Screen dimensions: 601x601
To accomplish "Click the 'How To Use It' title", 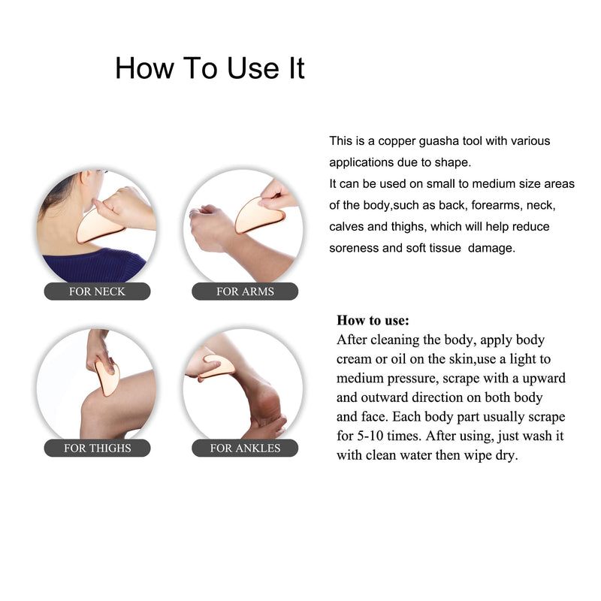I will (210, 68).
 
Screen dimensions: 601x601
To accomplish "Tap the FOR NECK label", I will (97, 291).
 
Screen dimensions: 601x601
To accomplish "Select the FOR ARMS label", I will (245, 291).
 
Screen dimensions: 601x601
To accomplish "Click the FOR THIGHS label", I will (97, 448).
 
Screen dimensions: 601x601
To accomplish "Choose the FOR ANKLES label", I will (245, 448).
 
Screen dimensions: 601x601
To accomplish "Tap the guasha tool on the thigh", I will (107, 379).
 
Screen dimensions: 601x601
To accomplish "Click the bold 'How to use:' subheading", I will (373, 321).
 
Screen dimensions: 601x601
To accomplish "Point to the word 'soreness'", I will (354, 248).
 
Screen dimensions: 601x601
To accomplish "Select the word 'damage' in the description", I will (491, 248).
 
